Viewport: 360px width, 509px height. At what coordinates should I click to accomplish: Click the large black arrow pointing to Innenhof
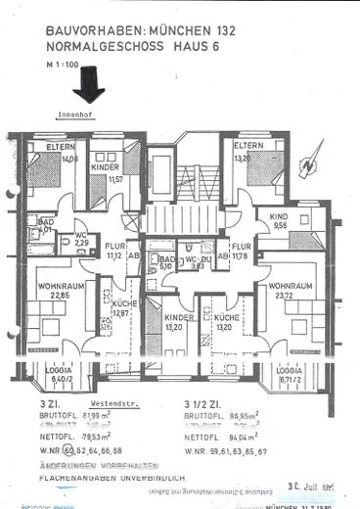[94, 85]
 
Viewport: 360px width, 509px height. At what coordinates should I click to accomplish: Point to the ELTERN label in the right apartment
[247, 145]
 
